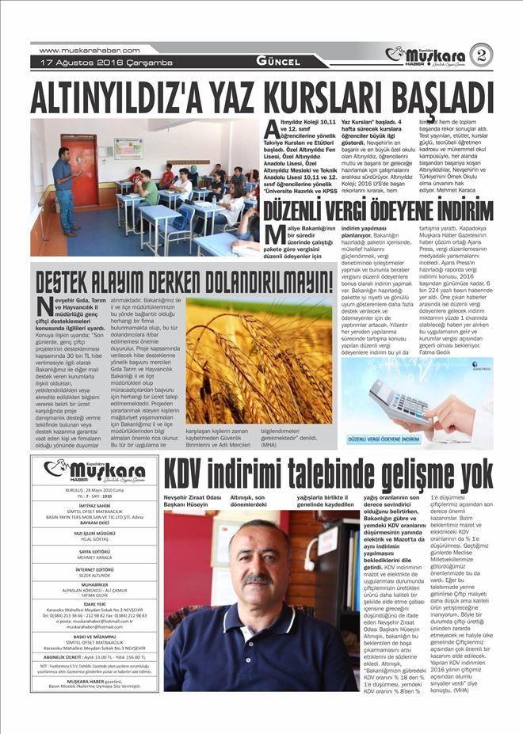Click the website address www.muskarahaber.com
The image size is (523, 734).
point(89,50)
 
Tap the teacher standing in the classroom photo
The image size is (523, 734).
point(65,188)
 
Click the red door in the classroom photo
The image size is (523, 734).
point(84,169)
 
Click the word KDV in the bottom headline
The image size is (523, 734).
point(192,474)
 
